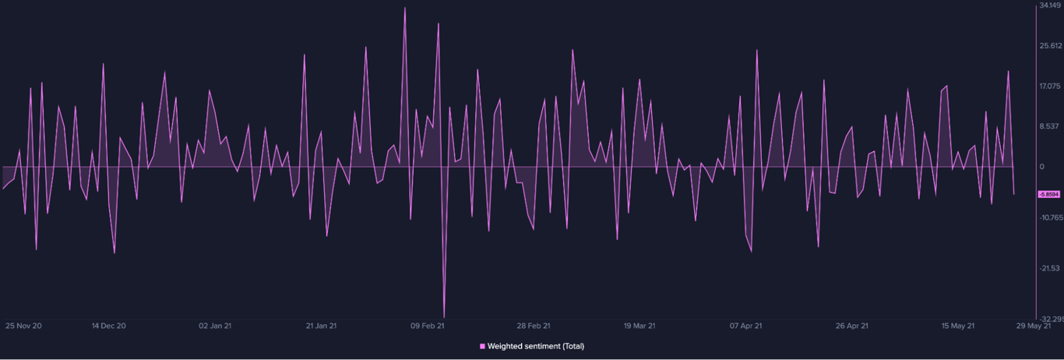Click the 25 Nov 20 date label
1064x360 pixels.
(23, 326)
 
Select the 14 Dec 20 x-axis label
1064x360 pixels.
(108, 326)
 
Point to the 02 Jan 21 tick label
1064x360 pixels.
(215, 326)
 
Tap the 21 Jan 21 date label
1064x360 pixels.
(322, 326)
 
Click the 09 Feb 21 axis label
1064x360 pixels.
(428, 326)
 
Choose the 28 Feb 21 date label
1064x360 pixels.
(534, 326)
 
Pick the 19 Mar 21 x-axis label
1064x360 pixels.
(640, 326)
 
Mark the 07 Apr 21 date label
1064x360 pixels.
(746, 326)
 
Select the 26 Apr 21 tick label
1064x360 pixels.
(852, 326)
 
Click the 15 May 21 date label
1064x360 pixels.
(958, 326)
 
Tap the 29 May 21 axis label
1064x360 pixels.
(1034, 326)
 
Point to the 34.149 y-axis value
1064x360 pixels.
(1050, 5)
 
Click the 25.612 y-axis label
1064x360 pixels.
(1050, 45)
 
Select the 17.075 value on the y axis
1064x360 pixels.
(1050, 86)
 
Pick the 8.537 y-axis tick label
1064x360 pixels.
(1050, 126)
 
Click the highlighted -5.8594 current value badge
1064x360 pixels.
(1049, 194)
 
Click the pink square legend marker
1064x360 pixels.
(482, 346)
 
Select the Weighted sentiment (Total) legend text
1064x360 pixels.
(536, 346)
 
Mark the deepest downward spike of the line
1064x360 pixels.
(444, 316)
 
